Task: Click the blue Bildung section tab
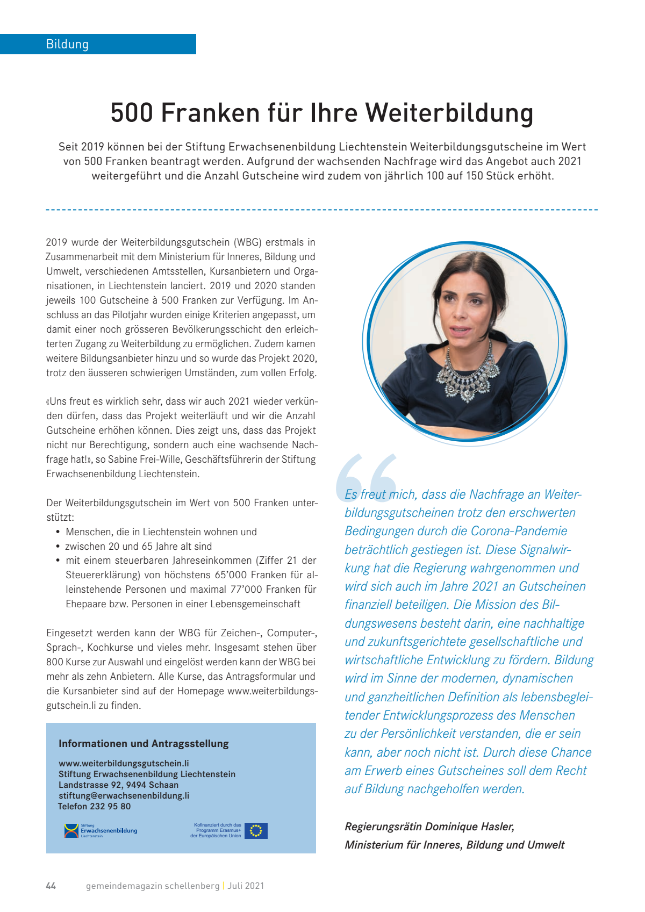[98, 44]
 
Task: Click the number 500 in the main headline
[132, 113]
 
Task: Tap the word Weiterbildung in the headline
[449, 113]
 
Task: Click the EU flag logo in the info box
[256, 831]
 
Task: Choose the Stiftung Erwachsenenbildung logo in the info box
[101, 831]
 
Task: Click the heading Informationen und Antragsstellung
[144, 744]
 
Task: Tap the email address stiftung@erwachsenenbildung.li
[124, 795]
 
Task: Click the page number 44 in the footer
[51, 886]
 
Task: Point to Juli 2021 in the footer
[246, 886]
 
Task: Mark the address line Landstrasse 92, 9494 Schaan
[118, 785]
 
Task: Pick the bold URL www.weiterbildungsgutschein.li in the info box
[124, 763]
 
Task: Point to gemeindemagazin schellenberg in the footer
[153, 886]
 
